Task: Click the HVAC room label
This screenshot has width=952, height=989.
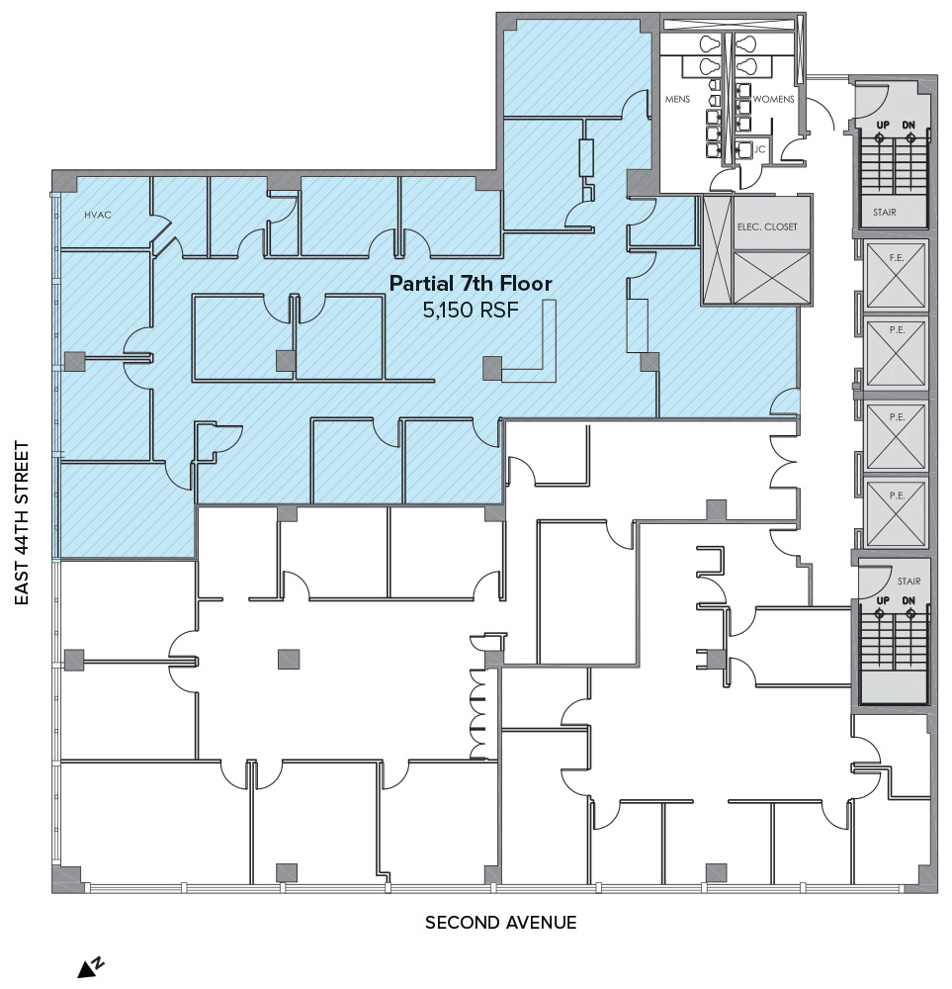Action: [x=98, y=215]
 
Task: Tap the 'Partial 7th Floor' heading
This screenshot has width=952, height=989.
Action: [x=471, y=283]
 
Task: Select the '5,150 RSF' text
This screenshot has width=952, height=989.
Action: [x=471, y=310]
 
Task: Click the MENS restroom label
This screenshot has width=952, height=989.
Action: [x=677, y=99]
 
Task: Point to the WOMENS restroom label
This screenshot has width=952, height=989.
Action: [x=773, y=99]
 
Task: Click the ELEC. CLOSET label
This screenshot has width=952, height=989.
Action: [x=767, y=226]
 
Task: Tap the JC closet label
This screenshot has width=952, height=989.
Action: [x=759, y=149]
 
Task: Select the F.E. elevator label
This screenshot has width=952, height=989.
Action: [x=897, y=258]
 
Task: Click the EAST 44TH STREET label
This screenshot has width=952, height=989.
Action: [x=22, y=523]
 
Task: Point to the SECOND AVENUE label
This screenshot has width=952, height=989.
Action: [x=500, y=923]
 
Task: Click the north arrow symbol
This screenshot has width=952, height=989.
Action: [x=91, y=967]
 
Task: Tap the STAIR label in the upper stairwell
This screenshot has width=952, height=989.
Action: [x=884, y=213]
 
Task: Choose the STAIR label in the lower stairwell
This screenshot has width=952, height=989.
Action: [x=909, y=581]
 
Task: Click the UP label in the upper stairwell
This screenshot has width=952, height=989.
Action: [x=883, y=125]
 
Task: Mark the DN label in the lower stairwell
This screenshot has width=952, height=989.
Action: [x=909, y=600]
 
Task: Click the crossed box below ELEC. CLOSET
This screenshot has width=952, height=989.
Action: [x=772, y=278]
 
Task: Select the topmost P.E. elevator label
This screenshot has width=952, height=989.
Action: [x=897, y=330]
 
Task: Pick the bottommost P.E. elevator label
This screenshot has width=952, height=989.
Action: [x=897, y=495]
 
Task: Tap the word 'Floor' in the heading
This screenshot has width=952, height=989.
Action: [x=526, y=283]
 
